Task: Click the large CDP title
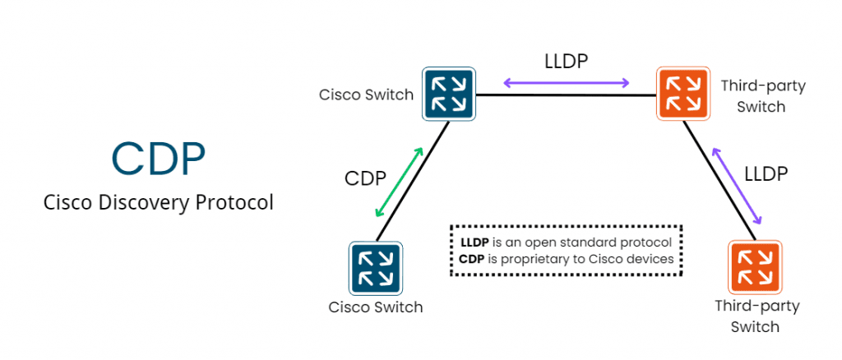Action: pyautogui.click(x=158, y=159)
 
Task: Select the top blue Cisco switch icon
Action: pyautogui.click(x=449, y=93)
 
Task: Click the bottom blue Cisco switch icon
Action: pyautogui.click(x=376, y=268)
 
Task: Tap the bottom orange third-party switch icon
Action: pyautogui.click(x=754, y=268)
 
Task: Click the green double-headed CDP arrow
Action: pyautogui.click(x=399, y=182)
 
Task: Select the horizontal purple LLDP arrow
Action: pyautogui.click(x=567, y=82)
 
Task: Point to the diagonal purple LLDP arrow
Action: pyautogui.click(x=737, y=187)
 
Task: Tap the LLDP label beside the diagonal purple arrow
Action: pyautogui.click(x=766, y=174)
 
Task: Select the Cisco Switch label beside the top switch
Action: pyautogui.click(x=366, y=95)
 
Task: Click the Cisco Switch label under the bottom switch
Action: pyautogui.click(x=376, y=308)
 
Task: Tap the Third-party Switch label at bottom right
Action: pyautogui.click(x=756, y=316)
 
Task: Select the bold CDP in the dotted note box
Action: pyautogui.click(x=473, y=259)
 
